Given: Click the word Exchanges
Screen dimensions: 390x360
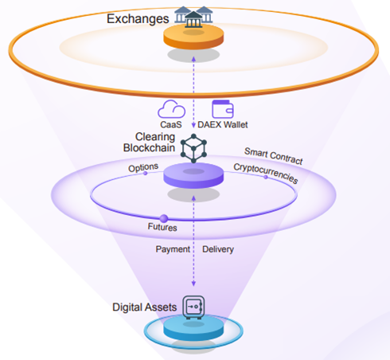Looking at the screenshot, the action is coord(138,19).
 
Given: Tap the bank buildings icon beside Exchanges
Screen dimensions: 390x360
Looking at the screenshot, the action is coord(193,17).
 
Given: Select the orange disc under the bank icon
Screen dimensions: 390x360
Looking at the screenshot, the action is coord(193,37).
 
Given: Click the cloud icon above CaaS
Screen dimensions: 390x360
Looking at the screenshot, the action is coord(171,109).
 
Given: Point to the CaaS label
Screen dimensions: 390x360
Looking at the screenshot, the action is coord(171,124).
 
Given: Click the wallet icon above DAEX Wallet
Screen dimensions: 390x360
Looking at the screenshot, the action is coord(223,109).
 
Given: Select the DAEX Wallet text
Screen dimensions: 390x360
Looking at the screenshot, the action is coord(223,124).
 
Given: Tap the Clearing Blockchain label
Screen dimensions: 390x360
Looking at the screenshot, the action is coord(149,143).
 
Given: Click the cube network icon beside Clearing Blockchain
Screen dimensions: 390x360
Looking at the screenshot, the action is coord(193,148).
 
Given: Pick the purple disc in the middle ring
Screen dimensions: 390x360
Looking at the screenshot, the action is coord(193,175).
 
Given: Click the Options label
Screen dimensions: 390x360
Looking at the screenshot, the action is coord(143,167).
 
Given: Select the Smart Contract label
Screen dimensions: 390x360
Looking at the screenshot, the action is coord(274,156).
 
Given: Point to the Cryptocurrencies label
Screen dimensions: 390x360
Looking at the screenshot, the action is coord(266,173).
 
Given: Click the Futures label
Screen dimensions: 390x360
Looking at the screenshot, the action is coord(162,227).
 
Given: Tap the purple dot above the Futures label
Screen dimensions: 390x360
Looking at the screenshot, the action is coord(164,218).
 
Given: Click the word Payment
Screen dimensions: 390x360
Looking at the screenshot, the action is coord(173,249).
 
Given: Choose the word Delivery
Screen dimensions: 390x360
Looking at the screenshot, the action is coord(218,249).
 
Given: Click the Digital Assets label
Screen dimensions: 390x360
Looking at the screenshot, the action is coord(145,307).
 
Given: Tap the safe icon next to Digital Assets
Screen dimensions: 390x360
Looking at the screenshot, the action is coord(193,307).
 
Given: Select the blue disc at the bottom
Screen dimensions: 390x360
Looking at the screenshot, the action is coord(193,330).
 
